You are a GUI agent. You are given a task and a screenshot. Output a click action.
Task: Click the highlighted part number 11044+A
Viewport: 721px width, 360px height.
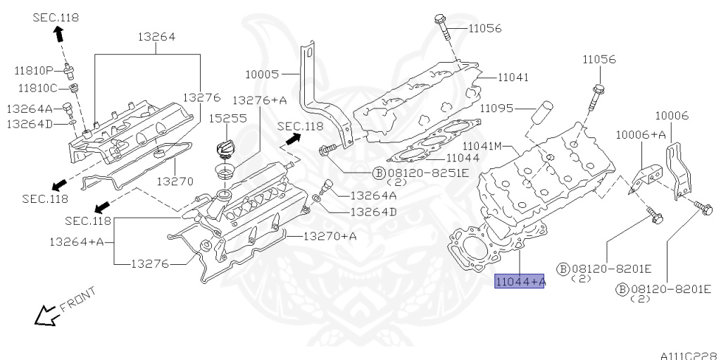tap(520, 283)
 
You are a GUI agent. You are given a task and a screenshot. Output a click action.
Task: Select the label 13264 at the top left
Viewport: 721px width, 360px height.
tap(156, 37)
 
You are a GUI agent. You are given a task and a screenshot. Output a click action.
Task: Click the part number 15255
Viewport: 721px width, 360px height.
tap(227, 118)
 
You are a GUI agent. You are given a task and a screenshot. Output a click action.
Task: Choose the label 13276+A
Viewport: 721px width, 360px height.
tap(260, 101)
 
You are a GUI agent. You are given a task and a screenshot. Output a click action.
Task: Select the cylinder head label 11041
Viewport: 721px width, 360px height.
tap(513, 77)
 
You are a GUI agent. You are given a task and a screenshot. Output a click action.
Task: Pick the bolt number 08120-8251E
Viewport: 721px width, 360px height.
tap(421, 171)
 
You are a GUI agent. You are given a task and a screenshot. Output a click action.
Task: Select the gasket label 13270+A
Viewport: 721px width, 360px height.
tap(330, 236)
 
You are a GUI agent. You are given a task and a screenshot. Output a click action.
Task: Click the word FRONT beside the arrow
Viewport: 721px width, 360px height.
tap(77, 297)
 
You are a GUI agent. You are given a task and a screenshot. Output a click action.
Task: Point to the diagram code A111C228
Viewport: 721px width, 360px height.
tap(688, 355)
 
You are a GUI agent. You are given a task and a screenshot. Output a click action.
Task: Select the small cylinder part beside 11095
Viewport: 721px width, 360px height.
tap(542, 113)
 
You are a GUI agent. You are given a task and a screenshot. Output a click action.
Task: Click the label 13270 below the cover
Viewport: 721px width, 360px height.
tap(175, 181)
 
